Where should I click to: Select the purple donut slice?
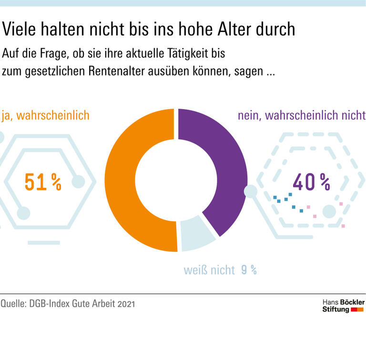(x=224, y=162)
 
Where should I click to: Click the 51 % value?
(x=43, y=182)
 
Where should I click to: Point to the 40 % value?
(x=311, y=182)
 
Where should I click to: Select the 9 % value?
(x=249, y=270)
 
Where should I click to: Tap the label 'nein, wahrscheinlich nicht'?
(x=301, y=115)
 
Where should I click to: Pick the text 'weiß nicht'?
(x=209, y=270)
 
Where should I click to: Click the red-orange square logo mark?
(x=357, y=310)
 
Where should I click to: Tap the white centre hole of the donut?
(x=176, y=180)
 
